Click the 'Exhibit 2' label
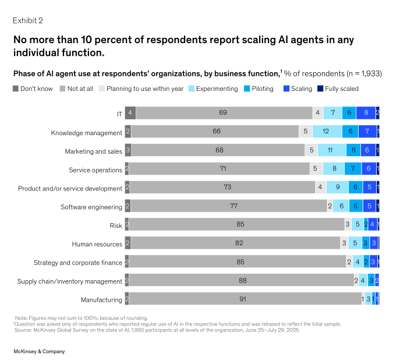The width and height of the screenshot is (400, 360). tap(28, 20)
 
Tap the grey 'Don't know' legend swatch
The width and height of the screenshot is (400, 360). tap(15, 89)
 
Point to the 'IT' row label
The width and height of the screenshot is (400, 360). tap(119, 114)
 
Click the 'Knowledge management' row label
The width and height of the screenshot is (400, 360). tap(86, 133)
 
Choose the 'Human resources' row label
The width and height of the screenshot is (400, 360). tap(97, 244)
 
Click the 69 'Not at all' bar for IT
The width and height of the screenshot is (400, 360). tap(223, 113)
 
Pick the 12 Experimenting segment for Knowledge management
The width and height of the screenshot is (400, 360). tap(327, 132)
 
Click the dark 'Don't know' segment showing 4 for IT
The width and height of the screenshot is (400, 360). tap(130, 113)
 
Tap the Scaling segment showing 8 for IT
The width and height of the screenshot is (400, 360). tap(366, 113)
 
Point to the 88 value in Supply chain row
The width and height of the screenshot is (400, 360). tap(242, 281)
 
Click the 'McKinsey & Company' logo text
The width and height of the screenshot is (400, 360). tap(39, 351)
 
